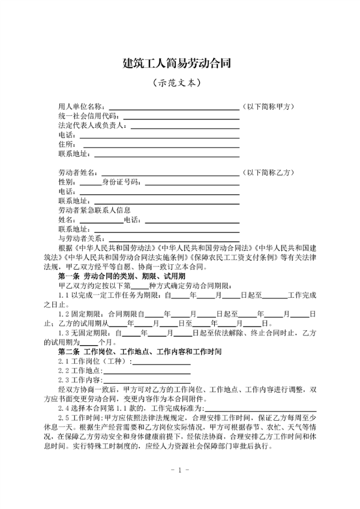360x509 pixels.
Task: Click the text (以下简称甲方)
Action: [x=268, y=106]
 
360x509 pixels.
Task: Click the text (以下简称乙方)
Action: [x=268, y=172]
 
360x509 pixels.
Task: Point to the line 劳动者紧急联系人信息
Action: [x=94, y=210]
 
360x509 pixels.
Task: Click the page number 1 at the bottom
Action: [x=179, y=469]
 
